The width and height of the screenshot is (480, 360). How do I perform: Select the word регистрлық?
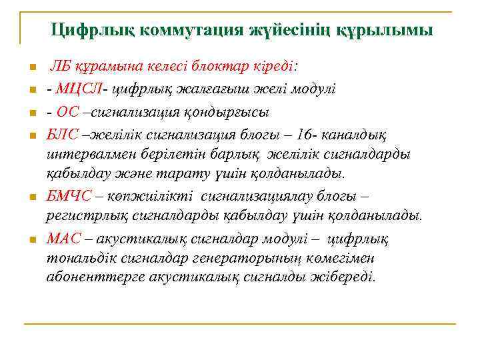coord(83,217)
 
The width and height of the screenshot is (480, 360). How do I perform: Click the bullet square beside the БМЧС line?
coord(31,197)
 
